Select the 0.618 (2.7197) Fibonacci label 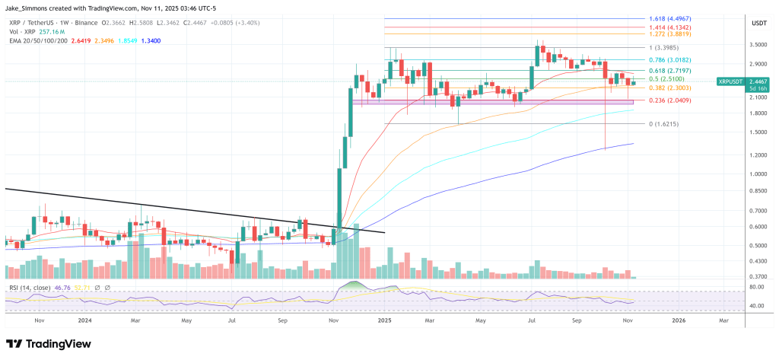pos(671,69)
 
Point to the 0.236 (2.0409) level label pos(671,100)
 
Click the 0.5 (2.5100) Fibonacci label pos(668,78)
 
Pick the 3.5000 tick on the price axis pos(757,45)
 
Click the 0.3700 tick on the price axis pos(757,277)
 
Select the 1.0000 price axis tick pos(757,174)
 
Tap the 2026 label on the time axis pos(679,320)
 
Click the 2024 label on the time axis pos(85,320)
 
